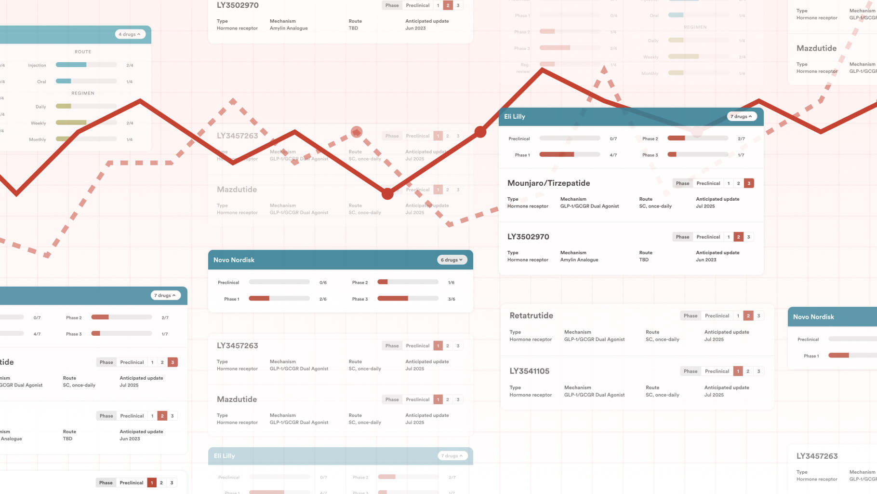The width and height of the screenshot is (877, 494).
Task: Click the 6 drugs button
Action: (x=452, y=260)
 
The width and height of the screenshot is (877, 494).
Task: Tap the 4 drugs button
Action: (x=130, y=34)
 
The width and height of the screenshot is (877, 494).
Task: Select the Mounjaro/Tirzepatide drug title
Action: (x=548, y=183)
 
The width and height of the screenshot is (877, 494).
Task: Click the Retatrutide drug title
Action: (x=531, y=316)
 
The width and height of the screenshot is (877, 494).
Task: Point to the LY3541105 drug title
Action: (x=529, y=371)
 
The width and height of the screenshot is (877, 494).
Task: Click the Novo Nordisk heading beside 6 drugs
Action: (x=234, y=260)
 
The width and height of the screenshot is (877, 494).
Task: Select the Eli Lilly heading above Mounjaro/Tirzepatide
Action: (x=514, y=117)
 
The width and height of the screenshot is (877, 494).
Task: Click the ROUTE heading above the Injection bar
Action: (x=83, y=52)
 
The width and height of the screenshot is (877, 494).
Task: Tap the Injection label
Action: (x=37, y=65)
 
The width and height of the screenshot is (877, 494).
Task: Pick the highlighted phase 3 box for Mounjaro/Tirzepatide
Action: (x=748, y=183)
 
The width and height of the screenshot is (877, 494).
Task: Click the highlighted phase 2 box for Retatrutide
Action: (x=748, y=316)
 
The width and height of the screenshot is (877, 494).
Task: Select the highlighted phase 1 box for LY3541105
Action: (x=738, y=371)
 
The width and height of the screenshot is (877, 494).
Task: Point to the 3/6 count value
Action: (x=452, y=299)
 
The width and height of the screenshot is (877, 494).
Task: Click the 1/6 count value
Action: (x=451, y=283)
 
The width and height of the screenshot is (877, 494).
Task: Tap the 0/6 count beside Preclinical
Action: (x=323, y=283)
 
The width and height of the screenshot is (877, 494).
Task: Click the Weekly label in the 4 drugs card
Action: (x=39, y=123)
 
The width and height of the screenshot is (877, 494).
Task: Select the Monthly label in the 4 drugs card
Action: (x=38, y=139)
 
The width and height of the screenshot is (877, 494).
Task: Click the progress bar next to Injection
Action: (x=86, y=65)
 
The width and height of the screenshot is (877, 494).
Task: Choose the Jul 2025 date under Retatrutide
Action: (x=714, y=340)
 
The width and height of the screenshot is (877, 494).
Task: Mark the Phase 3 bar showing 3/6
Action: (x=408, y=299)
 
